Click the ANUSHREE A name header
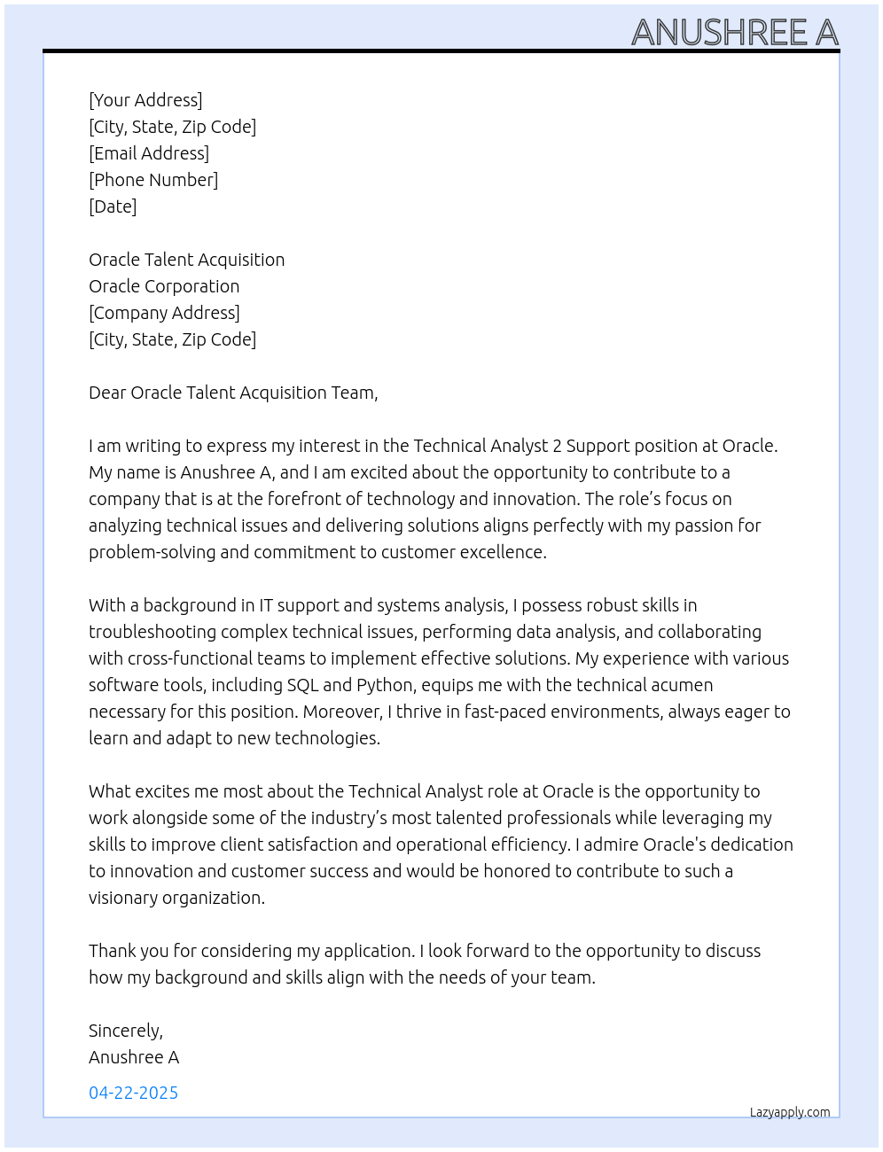734,33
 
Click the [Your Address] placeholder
145,100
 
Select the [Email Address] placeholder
149,153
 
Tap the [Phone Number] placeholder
153,180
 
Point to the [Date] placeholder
113,206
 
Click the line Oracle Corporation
164,286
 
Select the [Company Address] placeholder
164,313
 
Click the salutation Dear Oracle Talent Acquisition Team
233,393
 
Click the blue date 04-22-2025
133,1093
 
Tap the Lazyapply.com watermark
790,1112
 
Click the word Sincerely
125,1031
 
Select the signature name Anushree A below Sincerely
134,1057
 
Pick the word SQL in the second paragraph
302,685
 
